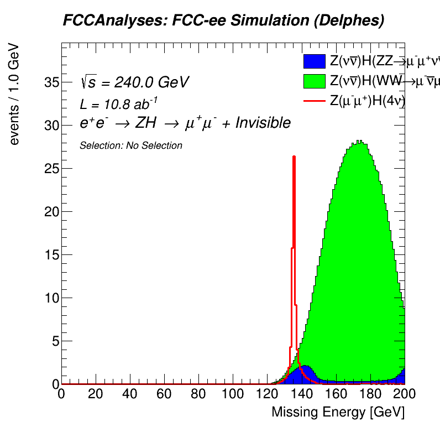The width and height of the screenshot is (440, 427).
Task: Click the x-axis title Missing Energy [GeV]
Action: (x=337, y=412)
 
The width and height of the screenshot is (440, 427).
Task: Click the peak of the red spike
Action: (x=294, y=157)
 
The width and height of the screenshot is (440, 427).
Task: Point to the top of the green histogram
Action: (x=359, y=142)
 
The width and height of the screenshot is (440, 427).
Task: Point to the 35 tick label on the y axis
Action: (x=51, y=82)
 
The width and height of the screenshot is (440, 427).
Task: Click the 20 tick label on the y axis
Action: (x=51, y=212)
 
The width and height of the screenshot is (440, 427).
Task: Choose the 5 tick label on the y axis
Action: (x=54, y=341)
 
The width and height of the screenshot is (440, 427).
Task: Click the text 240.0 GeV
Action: (x=151, y=82)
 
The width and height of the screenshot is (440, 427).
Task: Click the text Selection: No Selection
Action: (x=131, y=145)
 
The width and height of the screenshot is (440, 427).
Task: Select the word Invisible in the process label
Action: (x=263, y=123)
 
